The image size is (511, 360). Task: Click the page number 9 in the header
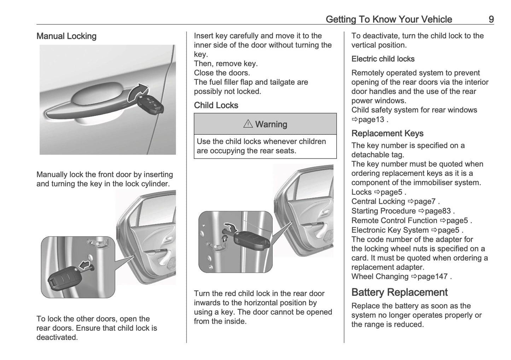pos(491,19)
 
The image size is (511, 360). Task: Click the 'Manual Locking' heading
pos(66,36)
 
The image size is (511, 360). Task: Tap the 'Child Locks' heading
pos(216,105)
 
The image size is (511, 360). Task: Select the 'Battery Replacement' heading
pos(399,292)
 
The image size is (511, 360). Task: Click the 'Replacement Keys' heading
pos(387,133)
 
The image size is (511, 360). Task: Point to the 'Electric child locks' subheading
pos(383,59)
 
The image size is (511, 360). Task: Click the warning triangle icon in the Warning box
pos(248,124)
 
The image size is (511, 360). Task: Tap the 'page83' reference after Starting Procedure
pos(437,211)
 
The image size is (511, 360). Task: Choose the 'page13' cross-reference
pos(371,120)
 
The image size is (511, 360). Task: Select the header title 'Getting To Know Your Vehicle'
pos(389,19)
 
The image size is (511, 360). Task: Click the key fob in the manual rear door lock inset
pos(62,280)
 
